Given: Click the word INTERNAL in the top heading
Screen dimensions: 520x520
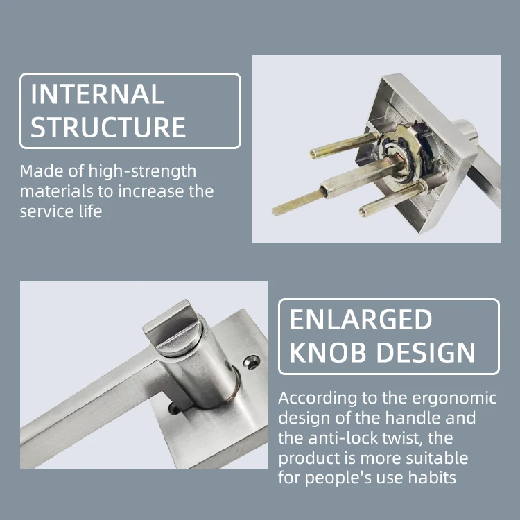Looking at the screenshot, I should [97, 94].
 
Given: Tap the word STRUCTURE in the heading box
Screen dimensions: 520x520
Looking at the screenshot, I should [108, 128].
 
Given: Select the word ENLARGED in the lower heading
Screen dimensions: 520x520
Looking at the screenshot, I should [361, 320].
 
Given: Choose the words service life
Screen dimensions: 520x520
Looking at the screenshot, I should [61, 211].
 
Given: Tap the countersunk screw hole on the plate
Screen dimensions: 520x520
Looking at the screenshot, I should [252, 361].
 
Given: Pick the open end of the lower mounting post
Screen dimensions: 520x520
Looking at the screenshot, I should [362, 211].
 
